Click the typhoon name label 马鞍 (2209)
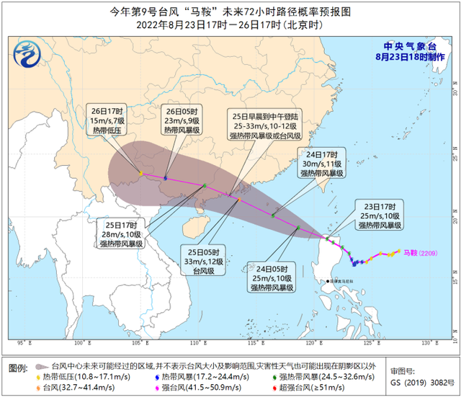[419, 253]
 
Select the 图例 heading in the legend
[19, 368]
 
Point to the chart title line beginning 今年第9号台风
[230, 11]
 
